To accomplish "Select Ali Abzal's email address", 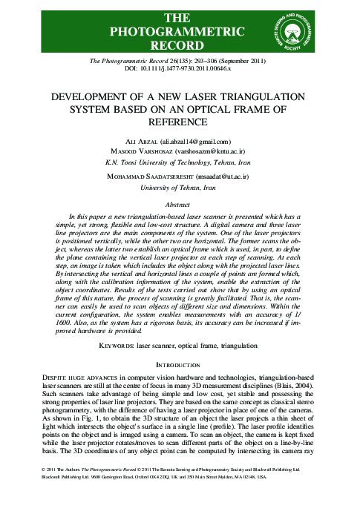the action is coord(210,142).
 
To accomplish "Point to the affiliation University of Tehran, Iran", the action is coord(180,189).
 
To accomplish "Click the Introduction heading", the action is coord(180,365).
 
